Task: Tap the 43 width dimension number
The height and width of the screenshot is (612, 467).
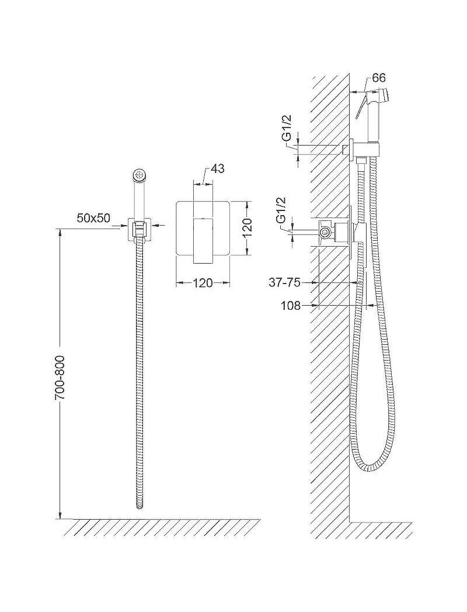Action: pos(217,169)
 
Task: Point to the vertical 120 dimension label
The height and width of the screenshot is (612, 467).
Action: pos(247,227)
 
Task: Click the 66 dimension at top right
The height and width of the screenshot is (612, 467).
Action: pos(378,78)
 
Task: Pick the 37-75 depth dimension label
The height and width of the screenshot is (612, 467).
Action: pos(285,282)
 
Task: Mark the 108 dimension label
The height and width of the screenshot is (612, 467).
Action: pos(291,306)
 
